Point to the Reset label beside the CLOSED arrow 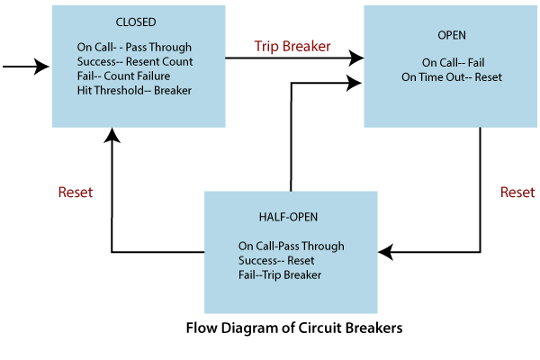pos(75,193)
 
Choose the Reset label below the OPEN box pos(517,193)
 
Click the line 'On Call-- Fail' pos(453,63)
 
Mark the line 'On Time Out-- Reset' pos(453,77)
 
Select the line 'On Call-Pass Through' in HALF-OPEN pos(291,246)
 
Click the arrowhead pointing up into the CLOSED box pos(111,135)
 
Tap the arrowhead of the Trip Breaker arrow pos(357,58)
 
